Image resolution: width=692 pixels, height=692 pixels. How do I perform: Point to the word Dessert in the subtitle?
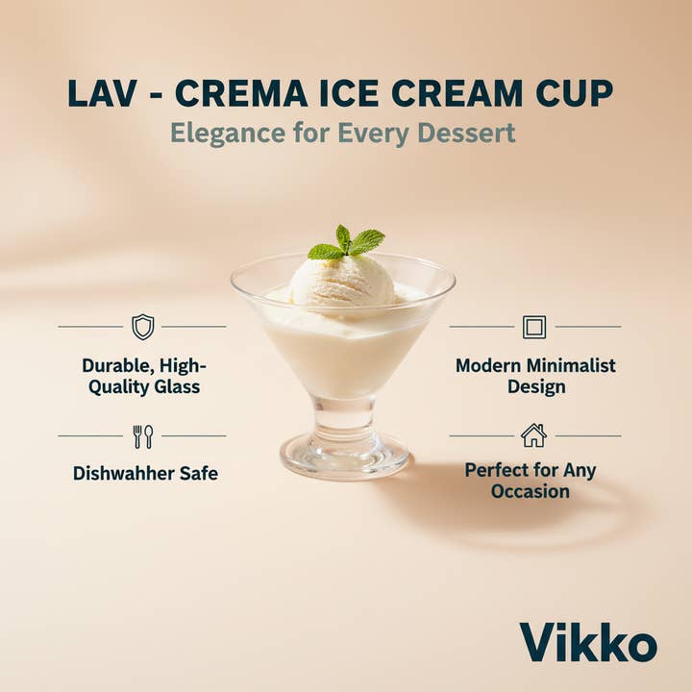tap(466, 134)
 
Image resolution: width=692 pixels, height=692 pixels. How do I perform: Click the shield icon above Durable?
tap(142, 327)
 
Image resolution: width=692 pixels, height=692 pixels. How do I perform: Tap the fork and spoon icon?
tap(142, 436)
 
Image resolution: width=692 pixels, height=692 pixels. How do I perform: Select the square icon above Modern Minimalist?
tap(534, 327)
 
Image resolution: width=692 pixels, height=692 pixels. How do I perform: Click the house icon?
tap(533, 435)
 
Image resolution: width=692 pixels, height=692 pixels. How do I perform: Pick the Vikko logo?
tap(588, 643)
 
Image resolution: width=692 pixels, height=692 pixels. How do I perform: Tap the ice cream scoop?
tap(342, 281)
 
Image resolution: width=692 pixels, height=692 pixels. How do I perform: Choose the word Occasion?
tap(530, 491)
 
